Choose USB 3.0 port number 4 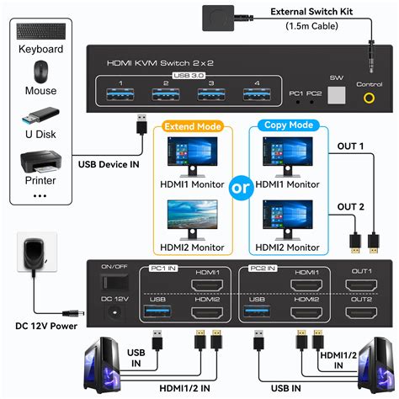coord(251,94)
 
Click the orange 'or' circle coord(241,187)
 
